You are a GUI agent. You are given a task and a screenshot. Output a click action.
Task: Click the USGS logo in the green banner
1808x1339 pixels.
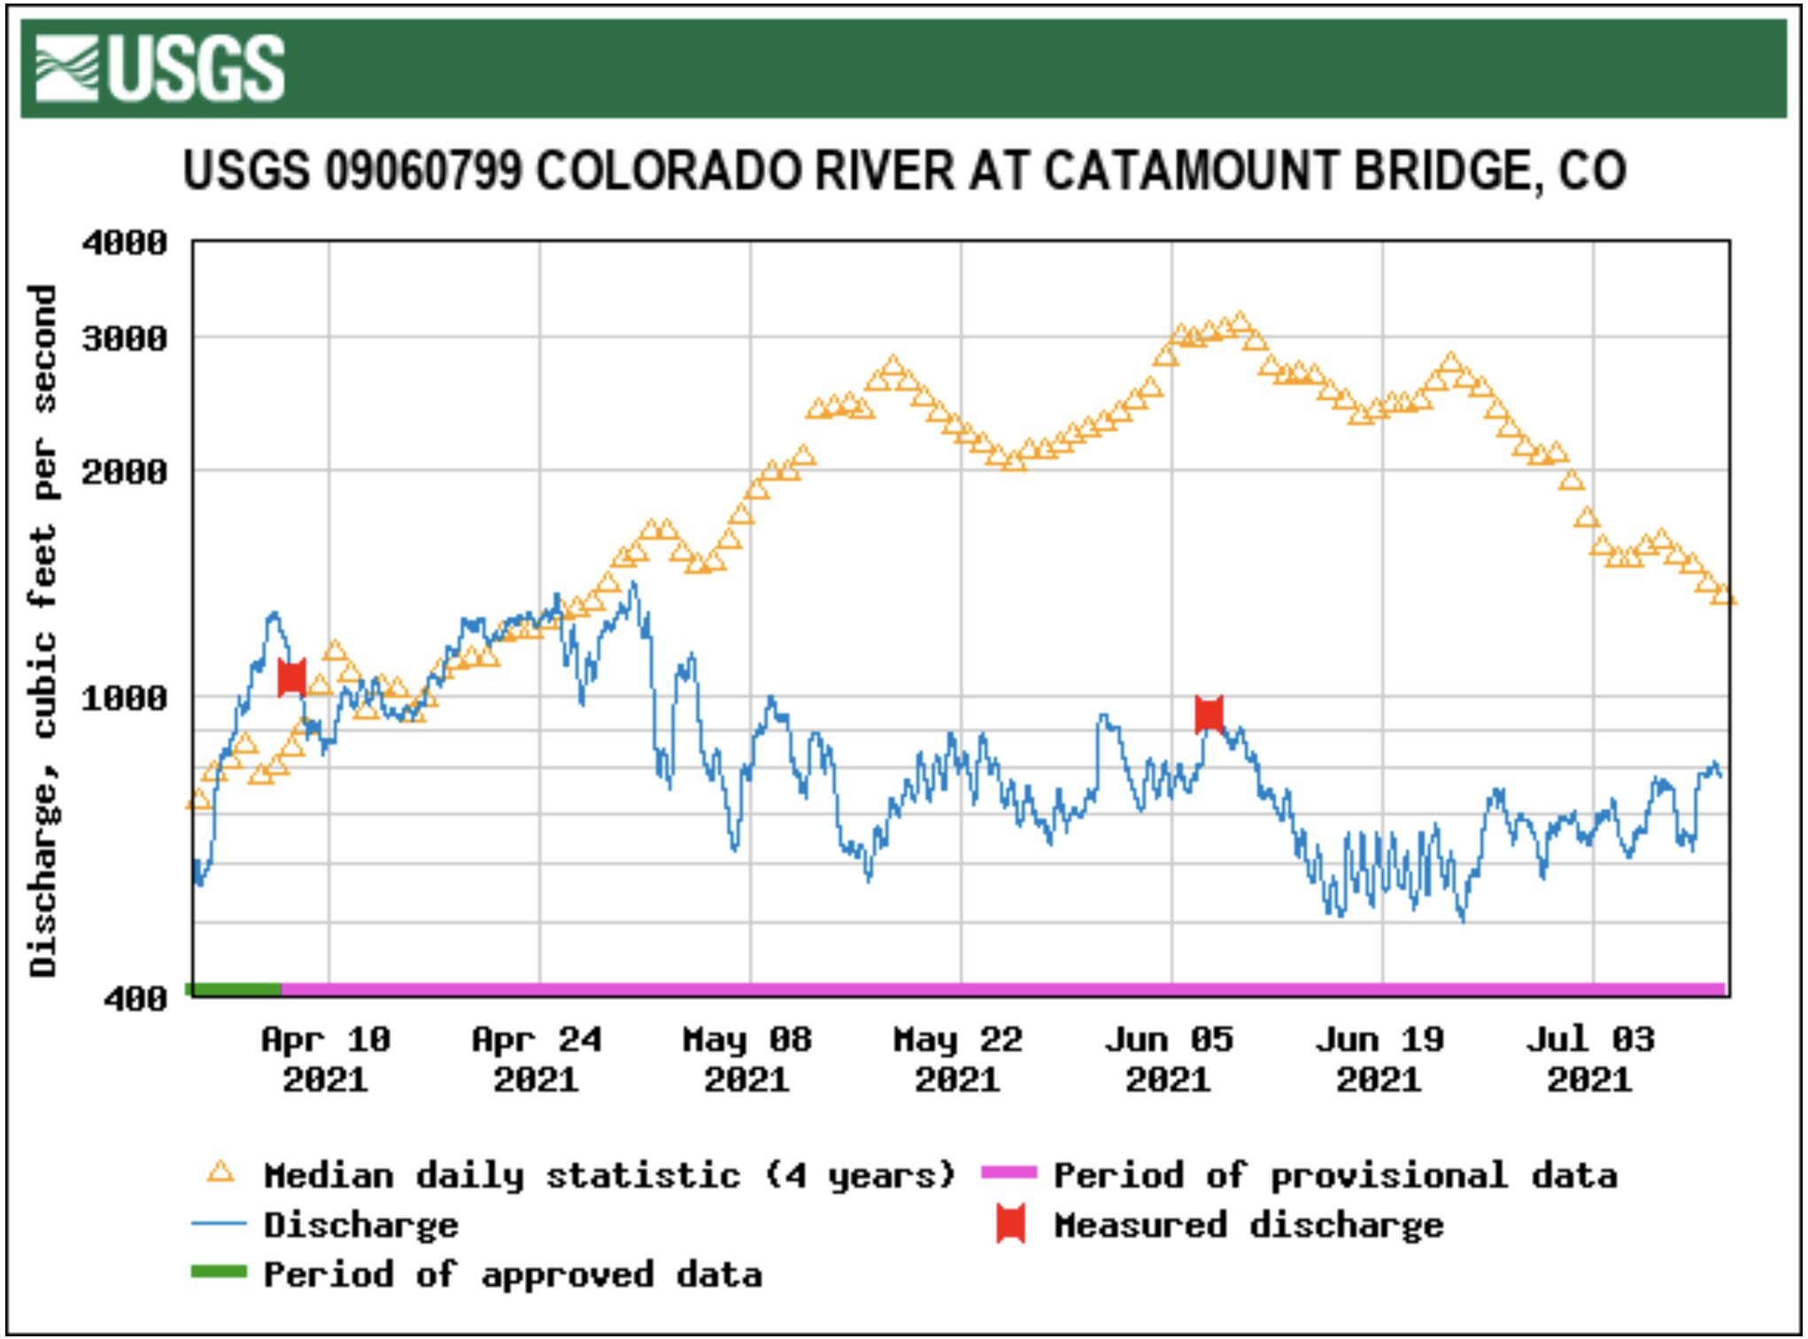[x=159, y=68]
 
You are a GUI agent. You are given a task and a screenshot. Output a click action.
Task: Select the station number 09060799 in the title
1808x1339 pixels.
[x=423, y=170]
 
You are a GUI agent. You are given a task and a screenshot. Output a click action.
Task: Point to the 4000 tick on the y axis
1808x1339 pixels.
[x=125, y=243]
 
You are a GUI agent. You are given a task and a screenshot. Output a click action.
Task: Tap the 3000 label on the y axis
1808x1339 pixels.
[x=125, y=338]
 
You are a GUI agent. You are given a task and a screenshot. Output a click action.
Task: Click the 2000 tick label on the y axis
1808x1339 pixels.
[x=125, y=471]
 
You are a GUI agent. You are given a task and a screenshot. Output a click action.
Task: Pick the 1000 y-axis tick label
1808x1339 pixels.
[x=125, y=698]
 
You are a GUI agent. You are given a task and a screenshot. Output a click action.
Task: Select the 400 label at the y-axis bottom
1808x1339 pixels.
[x=135, y=999]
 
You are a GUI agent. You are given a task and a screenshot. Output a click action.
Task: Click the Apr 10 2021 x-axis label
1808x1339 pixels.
[x=326, y=1059]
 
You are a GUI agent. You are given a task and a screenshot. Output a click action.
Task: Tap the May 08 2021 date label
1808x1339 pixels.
[x=747, y=1059]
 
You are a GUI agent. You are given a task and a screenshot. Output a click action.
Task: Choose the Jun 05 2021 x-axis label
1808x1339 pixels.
[x=1169, y=1059]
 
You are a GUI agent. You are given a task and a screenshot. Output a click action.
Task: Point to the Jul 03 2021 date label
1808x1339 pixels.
[x=1590, y=1059]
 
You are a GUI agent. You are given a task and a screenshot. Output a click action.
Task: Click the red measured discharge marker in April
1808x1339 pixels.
[x=292, y=677]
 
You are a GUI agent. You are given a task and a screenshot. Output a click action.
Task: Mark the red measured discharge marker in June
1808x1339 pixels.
[x=1209, y=714]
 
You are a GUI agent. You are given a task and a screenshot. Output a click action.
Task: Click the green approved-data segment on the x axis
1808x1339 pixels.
[x=235, y=988]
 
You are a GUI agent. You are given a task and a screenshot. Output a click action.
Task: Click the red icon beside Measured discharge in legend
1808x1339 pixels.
[x=1010, y=1225]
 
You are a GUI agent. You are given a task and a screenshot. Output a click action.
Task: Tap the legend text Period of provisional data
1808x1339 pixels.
[x=1335, y=1175]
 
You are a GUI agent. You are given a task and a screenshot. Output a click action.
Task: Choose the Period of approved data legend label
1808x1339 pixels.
[x=513, y=1274]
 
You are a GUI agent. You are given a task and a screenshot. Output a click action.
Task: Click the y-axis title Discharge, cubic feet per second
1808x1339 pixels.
[x=44, y=631]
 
